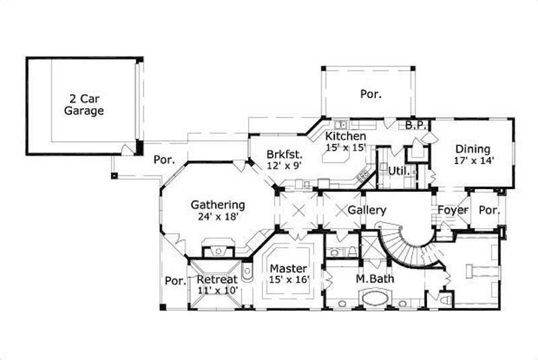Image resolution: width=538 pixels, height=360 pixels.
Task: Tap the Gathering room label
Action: click(x=217, y=205)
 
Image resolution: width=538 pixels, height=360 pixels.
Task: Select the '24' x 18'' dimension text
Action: click(x=217, y=217)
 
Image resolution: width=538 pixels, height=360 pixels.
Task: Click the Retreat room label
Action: click(x=216, y=279)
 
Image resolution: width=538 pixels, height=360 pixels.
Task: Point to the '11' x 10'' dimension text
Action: click(x=216, y=290)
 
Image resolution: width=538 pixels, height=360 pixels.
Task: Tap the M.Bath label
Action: click(x=375, y=278)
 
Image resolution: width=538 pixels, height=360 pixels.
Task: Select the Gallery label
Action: click(x=367, y=211)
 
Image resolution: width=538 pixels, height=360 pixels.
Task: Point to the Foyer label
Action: click(x=453, y=211)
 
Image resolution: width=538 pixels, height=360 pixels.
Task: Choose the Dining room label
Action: click(x=473, y=149)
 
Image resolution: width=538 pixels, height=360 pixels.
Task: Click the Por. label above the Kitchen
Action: click(x=370, y=94)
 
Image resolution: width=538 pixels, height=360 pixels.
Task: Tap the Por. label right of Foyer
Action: click(x=489, y=211)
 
